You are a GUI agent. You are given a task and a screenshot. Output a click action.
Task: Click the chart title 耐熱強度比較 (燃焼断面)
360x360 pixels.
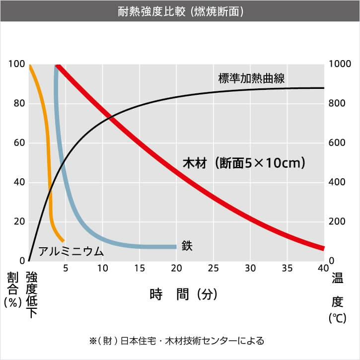[x=180, y=10]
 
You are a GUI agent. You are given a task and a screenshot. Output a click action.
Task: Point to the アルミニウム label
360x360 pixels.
[x=71, y=251]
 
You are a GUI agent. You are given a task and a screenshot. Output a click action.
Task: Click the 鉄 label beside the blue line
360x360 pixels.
[x=187, y=245]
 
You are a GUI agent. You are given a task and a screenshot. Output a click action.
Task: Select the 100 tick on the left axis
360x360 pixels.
[x=16, y=64]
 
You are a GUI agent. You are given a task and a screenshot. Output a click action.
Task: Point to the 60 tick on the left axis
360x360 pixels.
[x=18, y=143]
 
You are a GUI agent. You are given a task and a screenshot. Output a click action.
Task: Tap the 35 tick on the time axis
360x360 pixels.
[x=287, y=269]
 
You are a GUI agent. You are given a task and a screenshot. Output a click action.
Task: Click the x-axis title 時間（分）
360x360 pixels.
[x=184, y=294]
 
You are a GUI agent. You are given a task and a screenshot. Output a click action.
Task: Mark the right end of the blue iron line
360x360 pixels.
[x=176, y=247]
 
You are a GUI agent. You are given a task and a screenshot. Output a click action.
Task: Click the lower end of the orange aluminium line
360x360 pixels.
[x=63, y=240]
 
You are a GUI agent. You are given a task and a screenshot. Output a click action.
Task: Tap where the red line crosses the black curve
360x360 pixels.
[x=110, y=117]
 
